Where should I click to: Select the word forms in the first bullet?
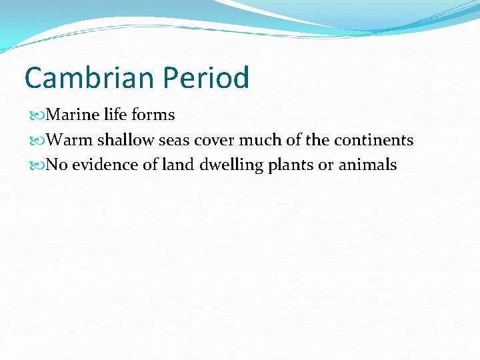[x=153, y=115]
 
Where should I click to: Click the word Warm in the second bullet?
[x=71, y=141]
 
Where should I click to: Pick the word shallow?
[x=126, y=141]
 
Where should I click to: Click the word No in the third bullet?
[x=57, y=165]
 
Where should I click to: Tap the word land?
[x=177, y=165]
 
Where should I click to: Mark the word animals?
[x=367, y=165]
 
